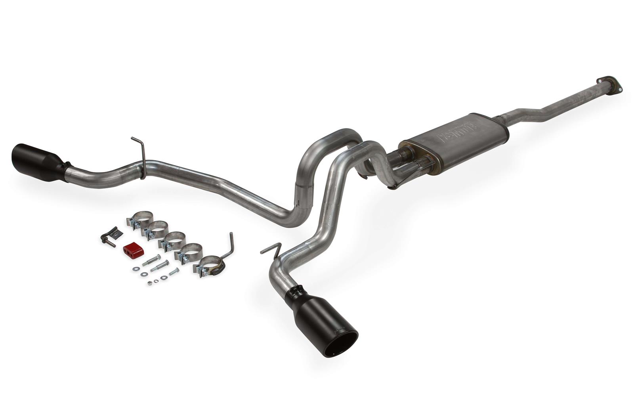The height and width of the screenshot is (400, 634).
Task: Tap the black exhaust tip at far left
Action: click(35, 162)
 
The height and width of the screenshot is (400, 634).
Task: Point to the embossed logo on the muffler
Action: click(458, 132)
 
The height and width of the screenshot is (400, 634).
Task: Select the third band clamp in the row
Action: click(172, 241)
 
